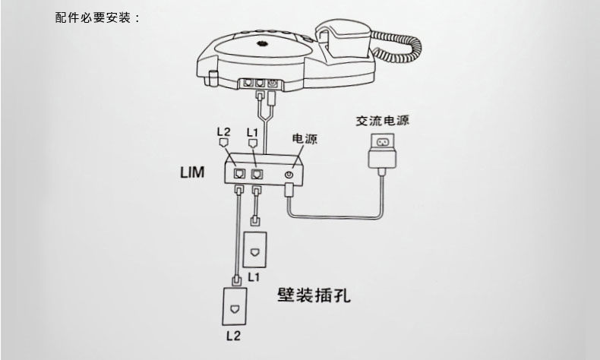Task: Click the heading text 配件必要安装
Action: pos(93,17)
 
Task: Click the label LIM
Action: pos(192,172)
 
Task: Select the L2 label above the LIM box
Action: pos(224,132)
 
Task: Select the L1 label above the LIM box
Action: pos(253,133)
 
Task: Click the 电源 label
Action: pos(305,138)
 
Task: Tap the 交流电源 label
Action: pos(382,121)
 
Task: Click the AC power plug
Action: pos(382,150)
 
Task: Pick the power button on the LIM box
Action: pos(289,175)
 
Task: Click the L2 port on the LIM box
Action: pos(239,174)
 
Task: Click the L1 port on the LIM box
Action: pos(257,174)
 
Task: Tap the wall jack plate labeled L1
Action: pos(255,250)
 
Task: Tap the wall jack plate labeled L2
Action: pos(234,306)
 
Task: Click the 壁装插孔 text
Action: pos(314,295)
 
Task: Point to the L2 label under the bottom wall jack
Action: pos(233,336)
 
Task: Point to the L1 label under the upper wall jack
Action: pos(254,276)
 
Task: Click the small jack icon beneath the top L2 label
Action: pos(223,143)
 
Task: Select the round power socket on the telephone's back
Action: pos(273,83)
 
